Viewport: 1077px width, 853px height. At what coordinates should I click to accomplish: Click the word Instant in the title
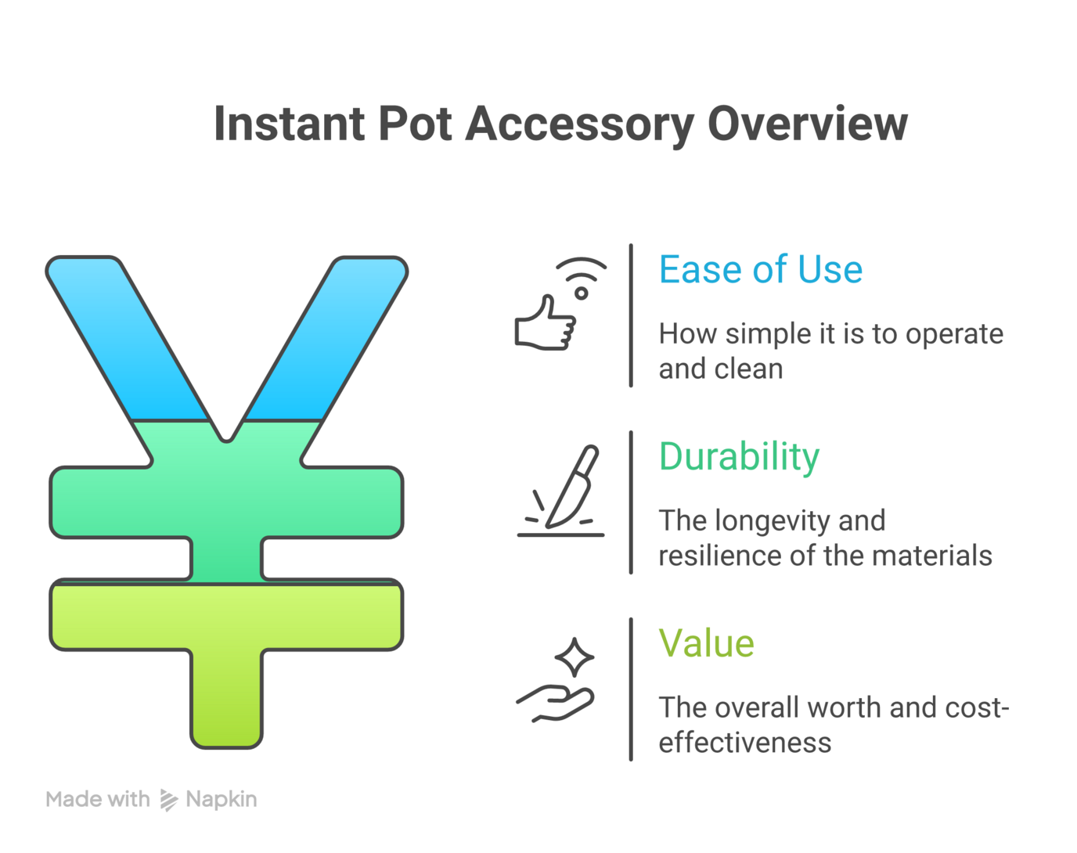(289, 124)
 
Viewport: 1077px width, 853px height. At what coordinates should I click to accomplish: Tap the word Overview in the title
(807, 124)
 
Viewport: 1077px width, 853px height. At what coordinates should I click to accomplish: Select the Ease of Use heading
(760, 270)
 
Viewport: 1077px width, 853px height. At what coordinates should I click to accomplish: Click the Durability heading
(739, 457)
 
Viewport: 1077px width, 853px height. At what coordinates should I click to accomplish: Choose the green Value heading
(706, 644)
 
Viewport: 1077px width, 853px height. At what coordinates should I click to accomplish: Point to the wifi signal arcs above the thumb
(582, 269)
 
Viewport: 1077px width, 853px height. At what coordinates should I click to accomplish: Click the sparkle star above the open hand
(575, 657)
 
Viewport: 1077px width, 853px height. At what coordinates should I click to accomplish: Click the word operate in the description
(954, 335)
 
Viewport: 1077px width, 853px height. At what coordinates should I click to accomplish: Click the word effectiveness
(744, 743)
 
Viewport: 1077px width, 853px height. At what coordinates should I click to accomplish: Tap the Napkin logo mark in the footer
(168, 800)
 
